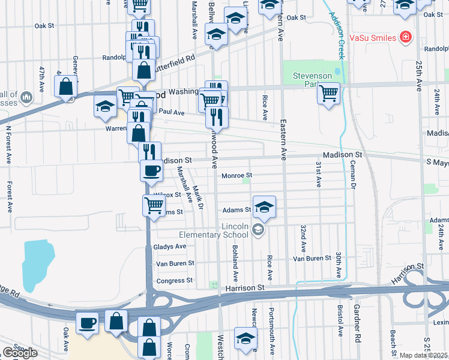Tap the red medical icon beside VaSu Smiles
tap(406, 37)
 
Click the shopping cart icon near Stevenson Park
tap(328, 93)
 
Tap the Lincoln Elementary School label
tap(221, 230)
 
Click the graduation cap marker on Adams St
tap(264, 208)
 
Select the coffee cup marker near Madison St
tap(151, 170)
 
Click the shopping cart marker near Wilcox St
tap(154, 205)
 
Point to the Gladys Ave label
tap(170, 247)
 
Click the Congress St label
tap(174, 280)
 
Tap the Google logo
tap(19, 353)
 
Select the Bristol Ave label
tap(340, 321)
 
